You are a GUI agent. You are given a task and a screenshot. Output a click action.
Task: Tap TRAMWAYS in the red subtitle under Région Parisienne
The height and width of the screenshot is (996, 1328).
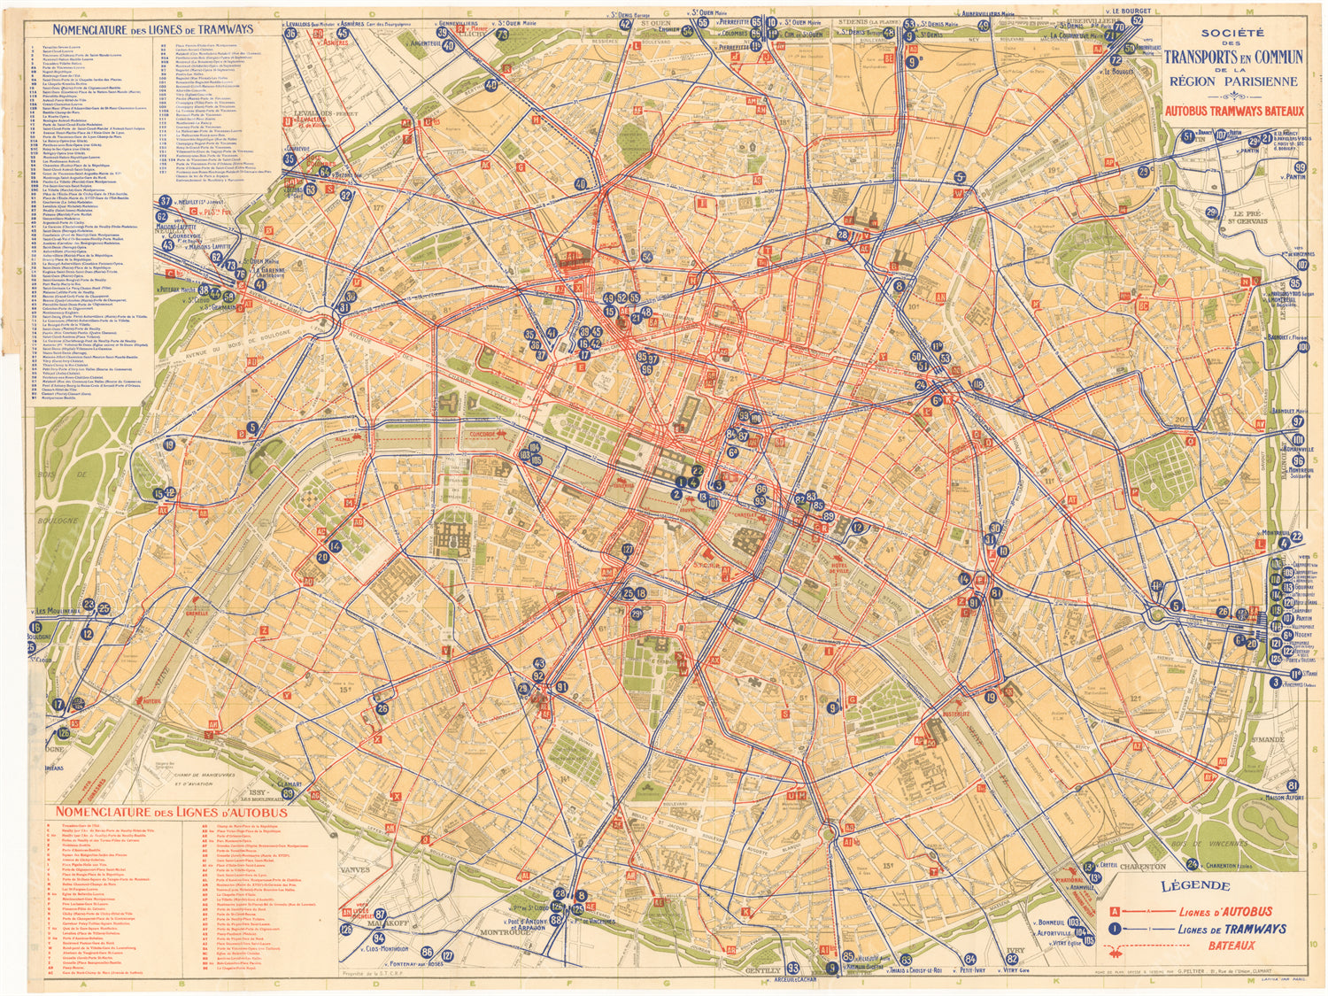pyautogui.click(x=1234, y=112)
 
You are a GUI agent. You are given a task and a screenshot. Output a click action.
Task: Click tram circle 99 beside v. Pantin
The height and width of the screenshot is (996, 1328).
pyautogui.click(x=1300, y=167)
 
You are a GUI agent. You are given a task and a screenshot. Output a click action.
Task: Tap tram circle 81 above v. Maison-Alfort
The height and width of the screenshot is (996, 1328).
pyautogui.click(x=1293, y=785)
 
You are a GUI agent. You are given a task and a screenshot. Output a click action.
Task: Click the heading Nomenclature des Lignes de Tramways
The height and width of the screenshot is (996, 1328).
pyautogui.click(x=153, y=28)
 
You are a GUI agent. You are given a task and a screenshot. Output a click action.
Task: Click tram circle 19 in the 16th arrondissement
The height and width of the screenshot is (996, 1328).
pyautogui.click(x=169, y=444)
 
